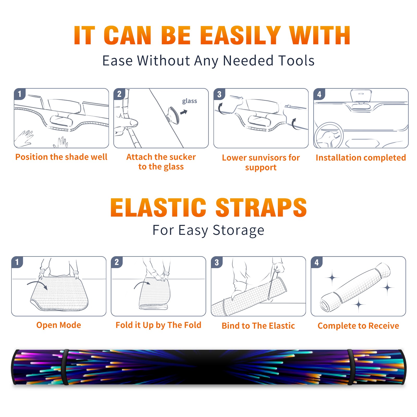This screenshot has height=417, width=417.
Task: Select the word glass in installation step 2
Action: coord(189,101)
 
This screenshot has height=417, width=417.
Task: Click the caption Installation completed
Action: coord(361,157)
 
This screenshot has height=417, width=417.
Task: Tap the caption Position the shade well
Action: coord(61,157)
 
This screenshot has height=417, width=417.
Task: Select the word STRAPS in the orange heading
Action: coord(261,207)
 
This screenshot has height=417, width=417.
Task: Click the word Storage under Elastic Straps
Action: coord(238,230)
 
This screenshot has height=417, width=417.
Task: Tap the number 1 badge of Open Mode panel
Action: coord(17,262)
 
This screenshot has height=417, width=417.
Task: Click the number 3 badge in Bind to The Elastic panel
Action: coord(217,262)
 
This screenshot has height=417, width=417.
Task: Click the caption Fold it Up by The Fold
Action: coord(158,325)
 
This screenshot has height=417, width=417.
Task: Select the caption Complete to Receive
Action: coord(358,326)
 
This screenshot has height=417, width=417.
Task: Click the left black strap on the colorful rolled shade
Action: coord(65,367)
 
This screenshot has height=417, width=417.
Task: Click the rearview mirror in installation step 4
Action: coord(361,96)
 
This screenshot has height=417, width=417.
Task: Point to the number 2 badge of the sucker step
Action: coord(119,94)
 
